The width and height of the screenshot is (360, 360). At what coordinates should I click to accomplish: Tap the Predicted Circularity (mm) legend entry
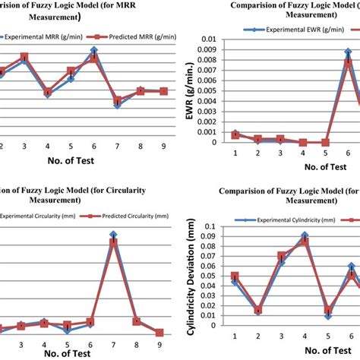coord(125,216)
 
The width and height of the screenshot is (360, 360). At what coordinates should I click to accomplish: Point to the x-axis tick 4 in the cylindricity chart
coord(304,336)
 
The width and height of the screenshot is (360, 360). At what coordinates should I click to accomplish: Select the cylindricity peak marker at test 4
coord(305,236)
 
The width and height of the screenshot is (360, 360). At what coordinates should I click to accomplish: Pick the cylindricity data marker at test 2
coord(258,311)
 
